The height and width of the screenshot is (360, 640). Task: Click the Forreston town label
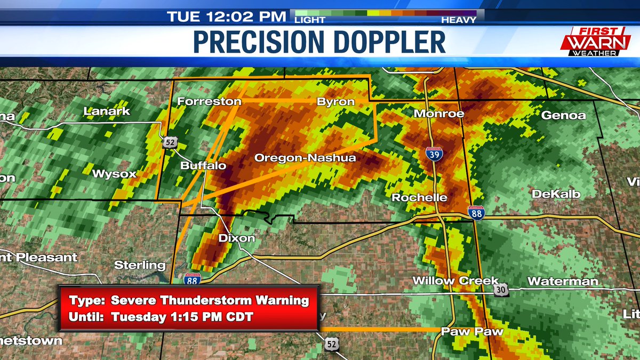(x=205, y=101)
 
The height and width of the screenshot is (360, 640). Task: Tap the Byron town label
(x=335, y=101)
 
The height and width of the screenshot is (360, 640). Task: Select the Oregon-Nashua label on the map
(x=305, y=158)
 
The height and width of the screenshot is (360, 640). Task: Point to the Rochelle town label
(x=419, y=197)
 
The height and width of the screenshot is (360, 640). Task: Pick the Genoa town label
(x=563, y=115)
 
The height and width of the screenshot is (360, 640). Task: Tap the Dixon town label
(x=237, y=238)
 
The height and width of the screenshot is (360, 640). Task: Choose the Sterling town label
(x=140, y=265)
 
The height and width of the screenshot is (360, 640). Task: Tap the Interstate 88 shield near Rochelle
(x=476, y=213)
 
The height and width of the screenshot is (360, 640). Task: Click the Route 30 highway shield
(x=501, y=290)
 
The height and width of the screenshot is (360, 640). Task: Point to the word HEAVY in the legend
(x=458, y=20)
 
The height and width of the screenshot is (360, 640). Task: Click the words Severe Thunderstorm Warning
(x=210, y=300)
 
